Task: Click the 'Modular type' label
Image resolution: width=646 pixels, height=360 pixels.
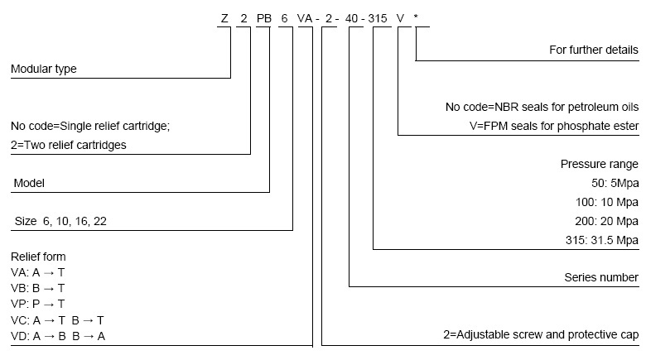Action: pos(43,70)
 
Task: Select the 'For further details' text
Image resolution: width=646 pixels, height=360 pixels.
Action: pos(594,50)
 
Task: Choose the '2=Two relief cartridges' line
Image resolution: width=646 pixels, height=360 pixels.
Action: pos(69,145)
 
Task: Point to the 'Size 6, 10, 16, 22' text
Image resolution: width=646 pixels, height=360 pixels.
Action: pos(60,221)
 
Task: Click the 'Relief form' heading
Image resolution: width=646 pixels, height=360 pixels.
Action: pos(38,257)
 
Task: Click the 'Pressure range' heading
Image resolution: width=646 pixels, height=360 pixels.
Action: pos(600,165)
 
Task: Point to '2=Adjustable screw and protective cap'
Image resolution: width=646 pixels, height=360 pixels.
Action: pos(541,335)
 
